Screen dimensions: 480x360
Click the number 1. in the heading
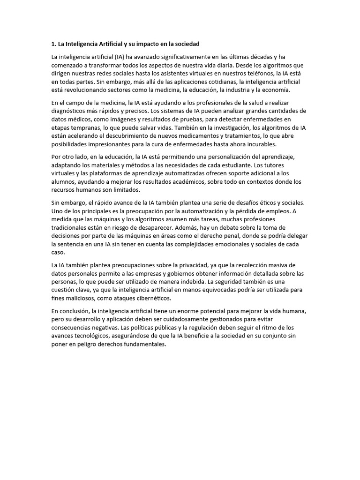point(53,44)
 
